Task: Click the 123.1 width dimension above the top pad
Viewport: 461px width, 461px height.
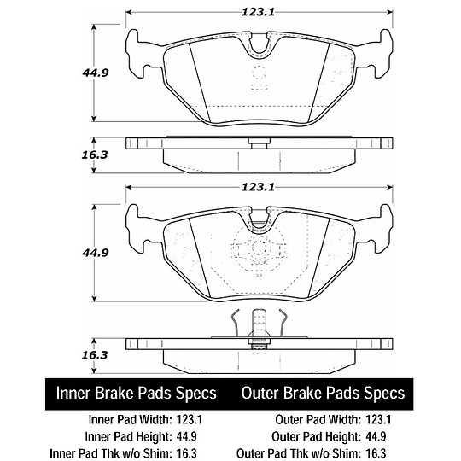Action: [258, 12]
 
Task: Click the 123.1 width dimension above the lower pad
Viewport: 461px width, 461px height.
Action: [258, 187]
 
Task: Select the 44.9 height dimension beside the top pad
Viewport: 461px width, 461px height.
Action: [96, 73]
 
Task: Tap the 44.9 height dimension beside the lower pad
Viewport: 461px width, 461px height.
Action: [96, 253]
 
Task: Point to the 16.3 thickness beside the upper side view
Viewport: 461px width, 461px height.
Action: [95, 155]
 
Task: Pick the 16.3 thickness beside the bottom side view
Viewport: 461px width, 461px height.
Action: [95, 355]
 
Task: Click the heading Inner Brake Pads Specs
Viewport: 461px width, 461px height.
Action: [137, 393]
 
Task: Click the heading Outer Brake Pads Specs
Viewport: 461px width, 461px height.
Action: [323, 393]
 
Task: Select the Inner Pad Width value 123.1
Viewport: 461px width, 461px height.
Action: [189, 419]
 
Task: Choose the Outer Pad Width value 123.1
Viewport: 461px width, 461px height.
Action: [378, 419]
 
